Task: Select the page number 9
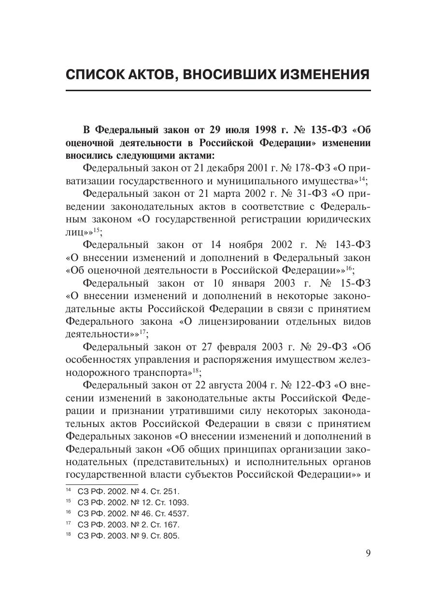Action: click(368, 553)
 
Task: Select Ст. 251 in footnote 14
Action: click(167, 492)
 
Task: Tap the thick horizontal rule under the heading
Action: click(218, 91)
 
